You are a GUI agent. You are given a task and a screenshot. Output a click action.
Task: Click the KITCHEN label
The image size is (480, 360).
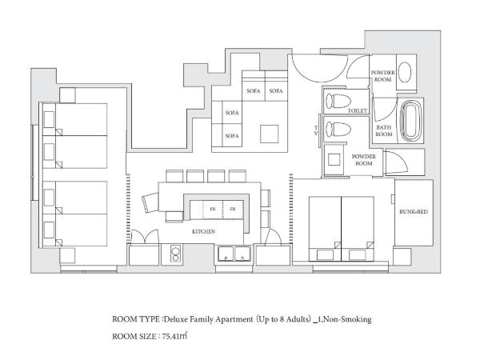[x=203, y=232]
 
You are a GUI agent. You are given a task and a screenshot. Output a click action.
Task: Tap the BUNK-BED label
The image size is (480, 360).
[x=414, y=211]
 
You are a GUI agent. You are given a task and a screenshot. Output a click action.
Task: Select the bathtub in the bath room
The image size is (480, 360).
[x=411, y=121]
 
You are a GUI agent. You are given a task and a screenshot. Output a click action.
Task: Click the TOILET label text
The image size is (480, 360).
[x=358, y=110]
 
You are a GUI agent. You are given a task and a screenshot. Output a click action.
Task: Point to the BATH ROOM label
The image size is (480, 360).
[x=384, y=130]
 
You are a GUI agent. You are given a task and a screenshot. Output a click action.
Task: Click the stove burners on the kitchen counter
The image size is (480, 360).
[x=175, y=254]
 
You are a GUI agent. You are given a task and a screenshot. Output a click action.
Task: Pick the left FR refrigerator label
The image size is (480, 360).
[x=213, y=209]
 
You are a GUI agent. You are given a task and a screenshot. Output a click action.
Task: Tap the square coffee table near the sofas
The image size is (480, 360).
[x=270, y=134]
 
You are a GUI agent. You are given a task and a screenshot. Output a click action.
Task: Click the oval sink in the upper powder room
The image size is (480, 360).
[x=405, y=72]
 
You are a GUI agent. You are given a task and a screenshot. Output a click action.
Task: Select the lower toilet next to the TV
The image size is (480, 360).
[x=338, y=129]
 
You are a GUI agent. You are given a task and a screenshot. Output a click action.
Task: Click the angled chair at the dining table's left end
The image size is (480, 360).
[x=150, y=202]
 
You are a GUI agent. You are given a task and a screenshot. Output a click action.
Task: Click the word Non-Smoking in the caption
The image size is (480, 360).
[x=347, y=319]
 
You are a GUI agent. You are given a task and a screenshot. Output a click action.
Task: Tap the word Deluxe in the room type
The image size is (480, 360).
[x=176, y=319]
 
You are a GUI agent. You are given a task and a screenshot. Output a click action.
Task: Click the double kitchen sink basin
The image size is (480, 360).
[x=234, y=254]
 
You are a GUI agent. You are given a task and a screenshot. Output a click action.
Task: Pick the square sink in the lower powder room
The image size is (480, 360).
[x=334, y=159]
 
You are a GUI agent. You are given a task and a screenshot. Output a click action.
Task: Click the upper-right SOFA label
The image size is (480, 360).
[x=276, y=91]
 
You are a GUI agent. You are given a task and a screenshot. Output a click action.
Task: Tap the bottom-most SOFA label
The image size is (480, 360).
[x=232, y=136]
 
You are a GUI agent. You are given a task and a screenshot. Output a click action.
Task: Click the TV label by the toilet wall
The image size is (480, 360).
[x=316, y=130]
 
